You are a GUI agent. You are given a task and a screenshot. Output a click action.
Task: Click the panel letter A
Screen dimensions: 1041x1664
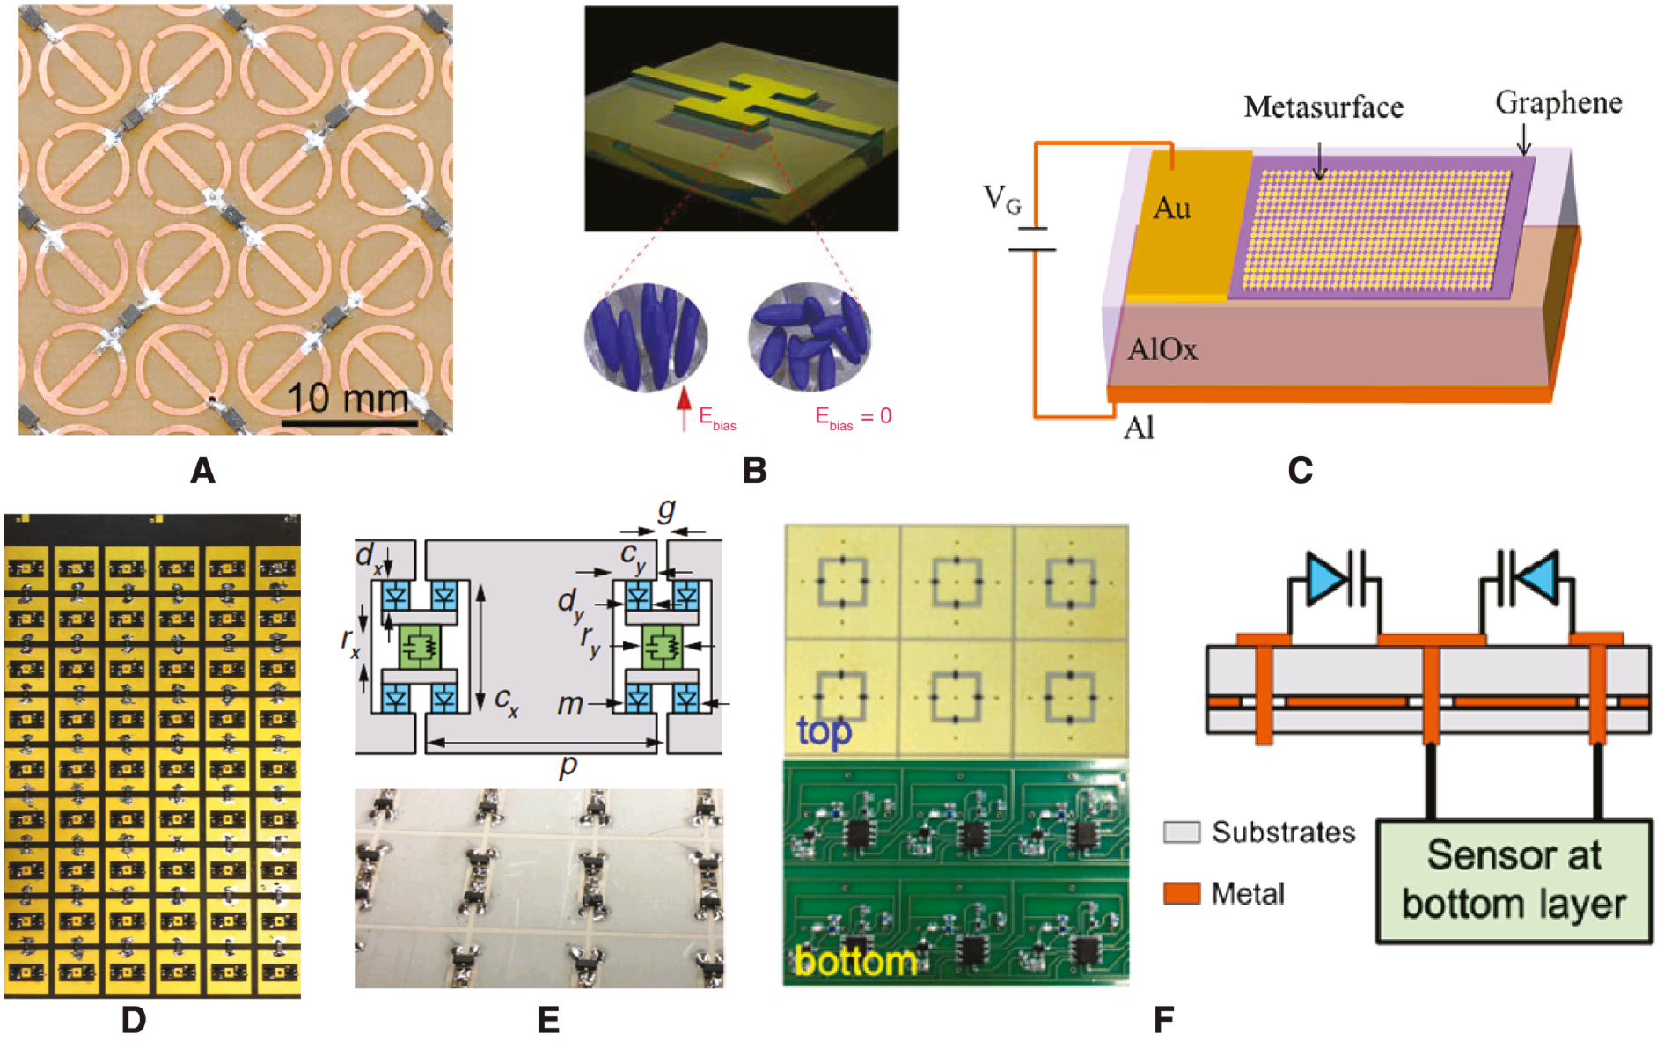[x=202, y=471]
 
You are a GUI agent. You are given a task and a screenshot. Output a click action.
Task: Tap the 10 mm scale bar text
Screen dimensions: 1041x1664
[x=348, y=399]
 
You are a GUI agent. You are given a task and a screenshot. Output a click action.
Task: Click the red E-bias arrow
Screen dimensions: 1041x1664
[x=684, y=409]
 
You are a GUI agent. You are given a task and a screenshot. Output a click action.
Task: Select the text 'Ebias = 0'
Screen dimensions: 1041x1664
[x=853, y=416]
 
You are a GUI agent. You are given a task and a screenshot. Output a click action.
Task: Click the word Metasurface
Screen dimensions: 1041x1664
[x=1323, y=107]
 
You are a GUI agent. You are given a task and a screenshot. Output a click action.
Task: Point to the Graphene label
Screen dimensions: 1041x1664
[x=1558, y=103]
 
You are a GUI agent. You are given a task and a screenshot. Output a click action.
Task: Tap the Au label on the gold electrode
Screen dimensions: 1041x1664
[x=1171, y=209]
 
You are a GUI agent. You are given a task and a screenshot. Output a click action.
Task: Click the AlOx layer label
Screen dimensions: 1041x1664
[x=1162, y=350]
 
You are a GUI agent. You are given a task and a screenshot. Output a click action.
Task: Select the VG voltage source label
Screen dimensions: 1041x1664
[x=1002, y=199]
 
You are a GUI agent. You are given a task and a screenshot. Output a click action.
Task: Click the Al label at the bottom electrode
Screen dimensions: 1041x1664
[x=1139, y=429]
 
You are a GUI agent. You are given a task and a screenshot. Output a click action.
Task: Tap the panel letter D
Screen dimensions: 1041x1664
[x=133, y=1020]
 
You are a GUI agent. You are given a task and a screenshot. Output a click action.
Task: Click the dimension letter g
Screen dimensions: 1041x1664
[x=666, y=510]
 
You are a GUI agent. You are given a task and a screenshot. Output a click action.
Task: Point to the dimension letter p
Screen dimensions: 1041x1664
[x=568, y=766]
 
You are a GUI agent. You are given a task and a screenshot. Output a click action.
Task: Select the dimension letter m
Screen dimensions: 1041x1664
[x=570, y=703]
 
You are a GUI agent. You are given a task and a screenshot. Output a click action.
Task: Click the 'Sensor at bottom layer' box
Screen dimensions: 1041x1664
[x=1514, y=881]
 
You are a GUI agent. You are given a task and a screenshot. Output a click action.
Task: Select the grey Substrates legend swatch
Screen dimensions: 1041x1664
[x=1181, y=832]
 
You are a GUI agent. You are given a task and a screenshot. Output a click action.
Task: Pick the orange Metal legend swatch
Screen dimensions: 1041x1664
[x=1181, y=894]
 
